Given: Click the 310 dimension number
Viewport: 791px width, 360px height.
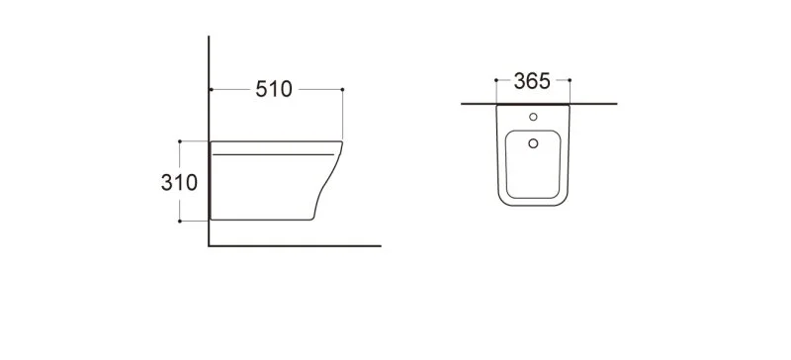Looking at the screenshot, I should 182,183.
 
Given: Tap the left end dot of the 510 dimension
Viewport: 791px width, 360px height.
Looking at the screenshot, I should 211,90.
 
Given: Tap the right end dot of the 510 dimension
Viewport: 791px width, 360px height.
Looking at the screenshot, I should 342,90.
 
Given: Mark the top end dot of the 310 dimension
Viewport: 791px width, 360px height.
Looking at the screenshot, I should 179,140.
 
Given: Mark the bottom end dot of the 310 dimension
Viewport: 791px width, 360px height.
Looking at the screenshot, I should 179,221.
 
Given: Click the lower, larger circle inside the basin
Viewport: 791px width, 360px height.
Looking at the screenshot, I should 533,144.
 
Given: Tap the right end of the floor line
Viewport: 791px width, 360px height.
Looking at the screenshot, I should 381,245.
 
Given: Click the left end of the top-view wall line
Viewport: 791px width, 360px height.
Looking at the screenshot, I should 461,103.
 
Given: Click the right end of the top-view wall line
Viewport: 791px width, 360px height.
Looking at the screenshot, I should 617,103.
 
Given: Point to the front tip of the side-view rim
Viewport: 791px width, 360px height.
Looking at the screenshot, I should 342,144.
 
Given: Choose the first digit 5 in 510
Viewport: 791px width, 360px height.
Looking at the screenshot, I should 260,89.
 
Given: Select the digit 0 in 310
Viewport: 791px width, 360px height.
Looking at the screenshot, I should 196,183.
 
